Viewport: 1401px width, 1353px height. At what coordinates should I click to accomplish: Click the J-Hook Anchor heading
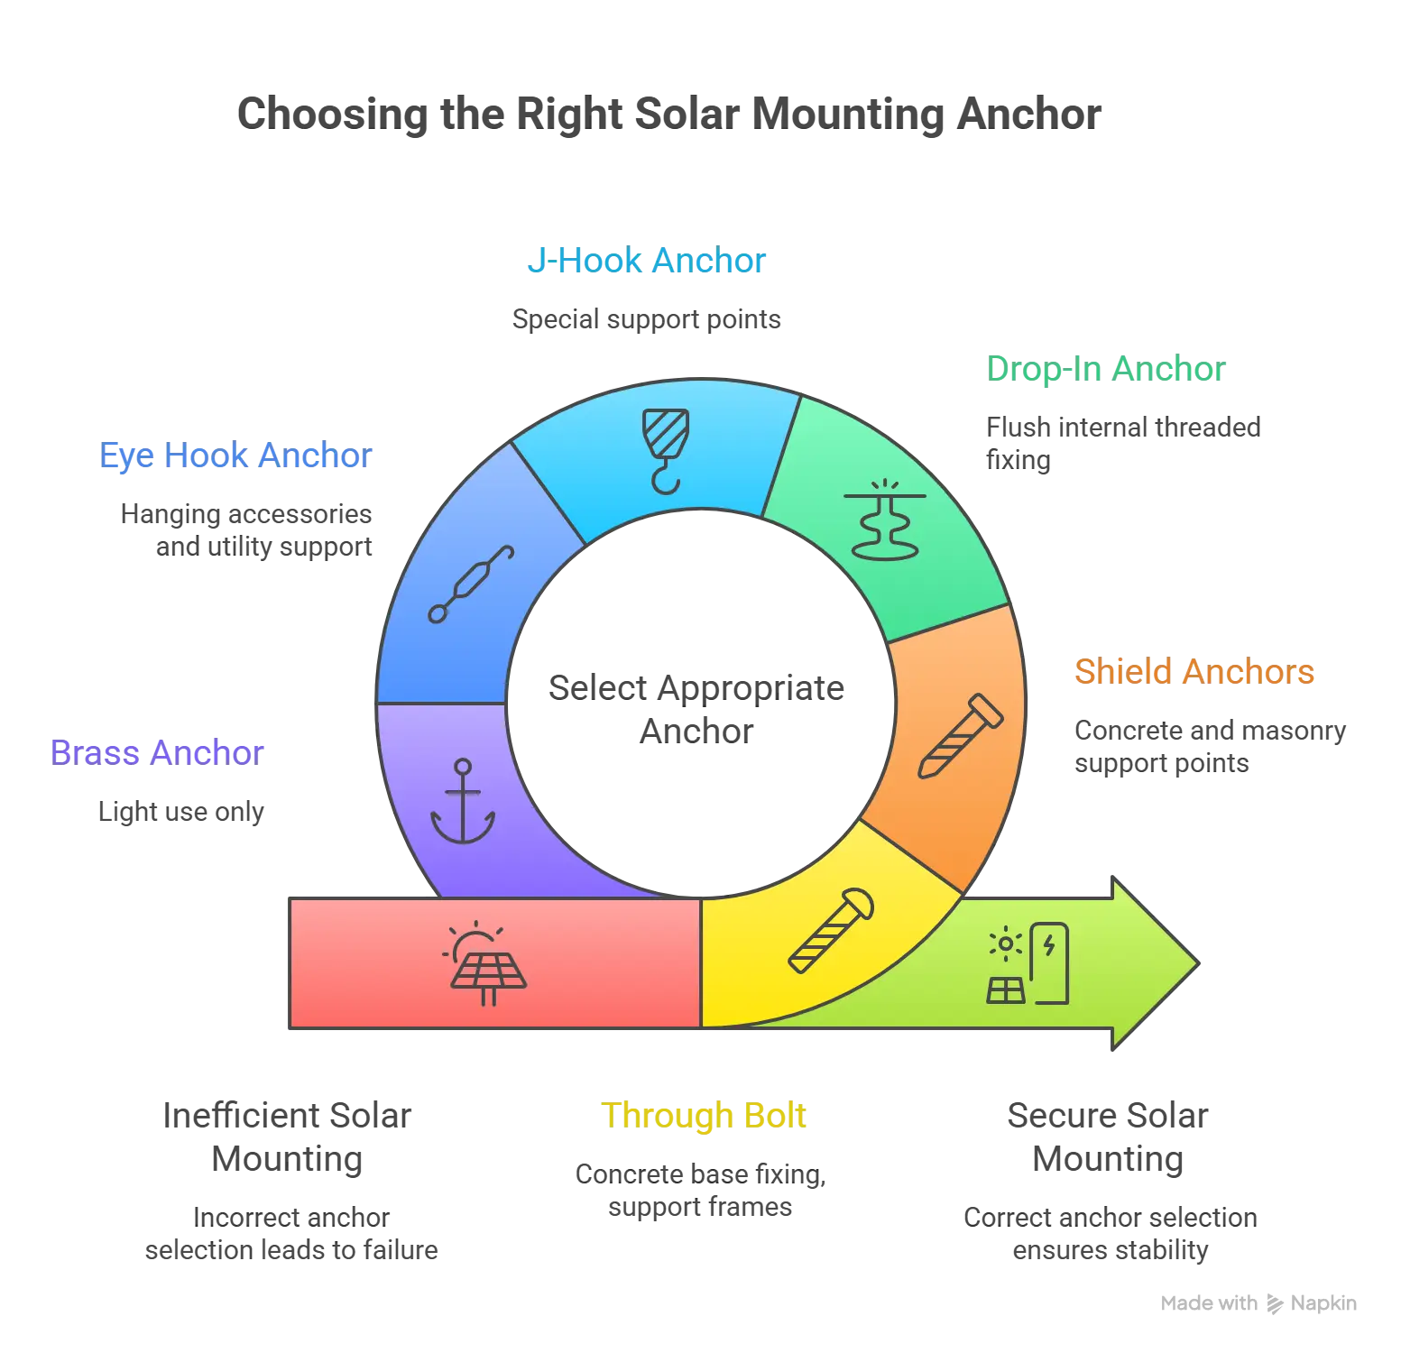pyautogui.click(x=648, y=261)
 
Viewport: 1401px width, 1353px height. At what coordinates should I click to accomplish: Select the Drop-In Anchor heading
pyautogui.click(x=1106, y=369)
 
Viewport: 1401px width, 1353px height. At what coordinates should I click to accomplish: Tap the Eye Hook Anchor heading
pyautogui.click(x=236, y=456)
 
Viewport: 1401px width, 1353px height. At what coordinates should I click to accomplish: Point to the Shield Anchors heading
pyautogui.click(x=1195, y=672)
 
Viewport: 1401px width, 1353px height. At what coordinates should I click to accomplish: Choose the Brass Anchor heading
pyautogui.click(x=158, y=751)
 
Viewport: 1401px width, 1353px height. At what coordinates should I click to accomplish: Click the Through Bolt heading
pyautogui.click(x=703, y=1116)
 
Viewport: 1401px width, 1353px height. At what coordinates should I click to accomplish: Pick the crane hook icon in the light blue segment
pyautogui.click(x=666, y=450)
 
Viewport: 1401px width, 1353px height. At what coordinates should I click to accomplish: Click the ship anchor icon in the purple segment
pyautogui.click(x=463, y=802)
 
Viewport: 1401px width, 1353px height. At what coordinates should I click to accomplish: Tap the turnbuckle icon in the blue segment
pyautogui.click(x=471, y=584)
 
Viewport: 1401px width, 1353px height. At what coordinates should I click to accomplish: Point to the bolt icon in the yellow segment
pyautogui.click(x=830, y=931)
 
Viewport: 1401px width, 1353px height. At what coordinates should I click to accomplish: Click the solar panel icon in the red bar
pyautogui.click(x=485, y=963)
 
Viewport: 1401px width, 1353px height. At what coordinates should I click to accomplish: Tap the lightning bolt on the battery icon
pyautogui.click(x=1048, y=945)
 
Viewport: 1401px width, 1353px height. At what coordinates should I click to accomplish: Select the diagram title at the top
pyautogui.click(x=669, y=114)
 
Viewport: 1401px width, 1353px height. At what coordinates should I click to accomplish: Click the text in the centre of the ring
pyautogui.click(x=696, y=707)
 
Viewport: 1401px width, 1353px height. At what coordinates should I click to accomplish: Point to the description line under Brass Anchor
pyautogui.click(x=180, y=812)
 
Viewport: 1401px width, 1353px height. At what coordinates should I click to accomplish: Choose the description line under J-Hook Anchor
pyautogui.click(x=649, y=319)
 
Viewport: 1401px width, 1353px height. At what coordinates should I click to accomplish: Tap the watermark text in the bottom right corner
pyautogui.click(x=1258, y=1303)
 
